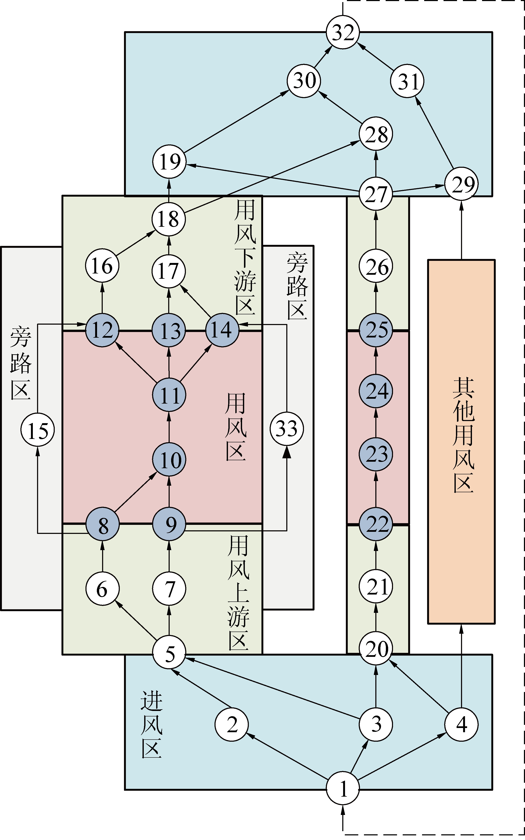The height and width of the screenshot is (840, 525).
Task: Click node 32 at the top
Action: point(343,32)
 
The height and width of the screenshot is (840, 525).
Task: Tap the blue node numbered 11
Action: point(169,395)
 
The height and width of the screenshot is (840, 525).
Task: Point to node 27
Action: point(376,193)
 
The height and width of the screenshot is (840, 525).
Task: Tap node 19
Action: point(169,161)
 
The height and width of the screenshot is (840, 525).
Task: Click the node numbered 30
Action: point(304,81)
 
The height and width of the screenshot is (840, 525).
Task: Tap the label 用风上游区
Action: point(239,592)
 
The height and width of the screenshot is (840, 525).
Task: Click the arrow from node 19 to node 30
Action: point(236,121)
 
